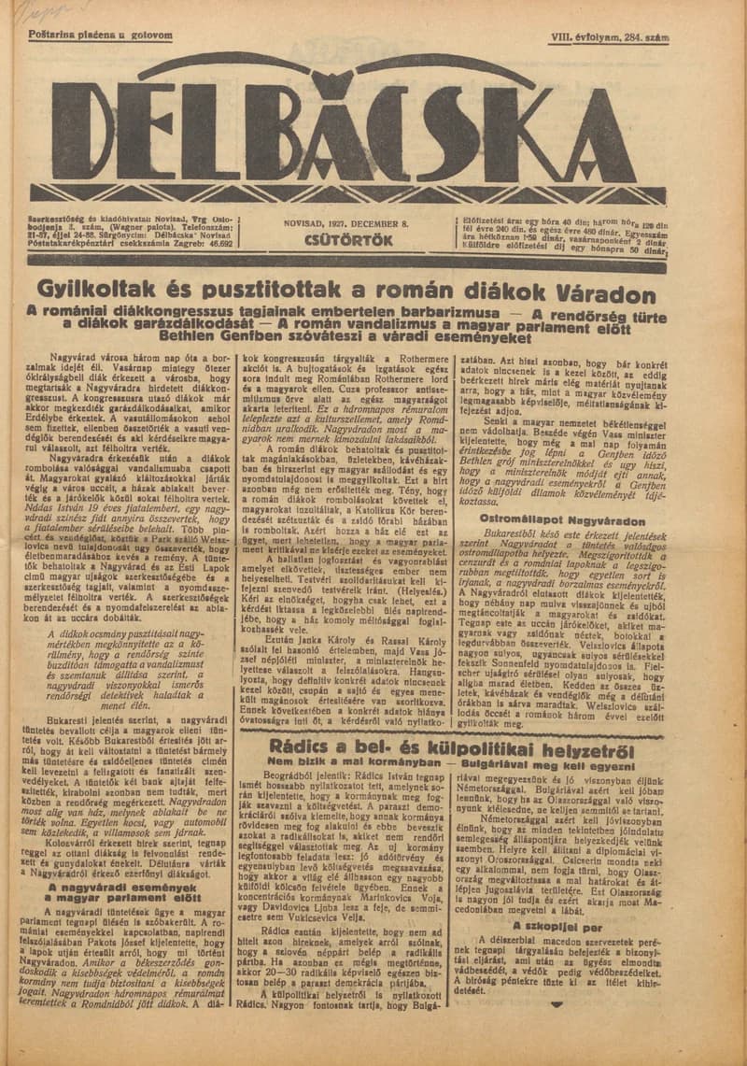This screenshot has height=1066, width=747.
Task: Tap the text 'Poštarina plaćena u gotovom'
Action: point(100,36)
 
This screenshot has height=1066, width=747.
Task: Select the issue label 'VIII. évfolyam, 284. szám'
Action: point(610,37)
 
